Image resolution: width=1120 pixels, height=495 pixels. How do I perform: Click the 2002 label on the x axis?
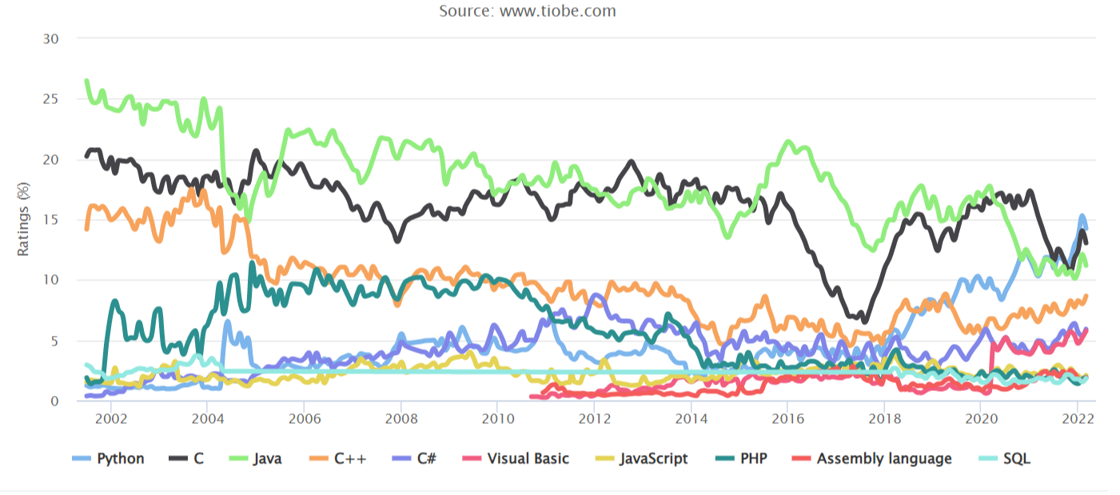click(110, 418)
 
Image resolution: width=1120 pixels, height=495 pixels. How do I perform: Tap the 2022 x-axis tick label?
click(1077, 418)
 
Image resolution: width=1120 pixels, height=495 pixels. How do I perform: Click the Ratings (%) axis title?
click(23, 220)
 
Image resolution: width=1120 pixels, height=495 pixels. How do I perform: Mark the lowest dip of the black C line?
click(863, 321)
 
